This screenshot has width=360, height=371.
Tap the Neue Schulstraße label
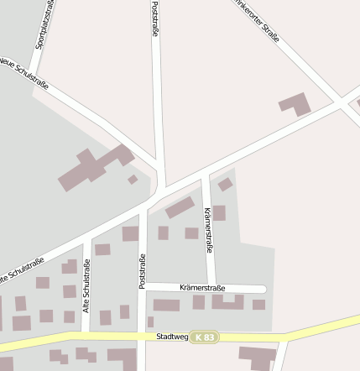(x=23, y=74)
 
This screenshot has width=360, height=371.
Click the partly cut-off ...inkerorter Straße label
(x=256, y=21)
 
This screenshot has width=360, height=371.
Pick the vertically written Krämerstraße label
(x=208, y=230)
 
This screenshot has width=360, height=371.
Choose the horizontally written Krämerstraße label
(x=203, y=288)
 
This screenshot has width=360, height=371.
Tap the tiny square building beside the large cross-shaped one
(x=133, y=179)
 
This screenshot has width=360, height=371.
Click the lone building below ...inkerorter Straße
(x=295, y=104)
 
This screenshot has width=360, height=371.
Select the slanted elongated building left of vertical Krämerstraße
(x=180, y=207)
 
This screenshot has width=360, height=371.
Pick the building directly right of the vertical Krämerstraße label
(x=219, y=213)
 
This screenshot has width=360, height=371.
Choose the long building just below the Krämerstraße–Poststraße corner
(x=166, y=306)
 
